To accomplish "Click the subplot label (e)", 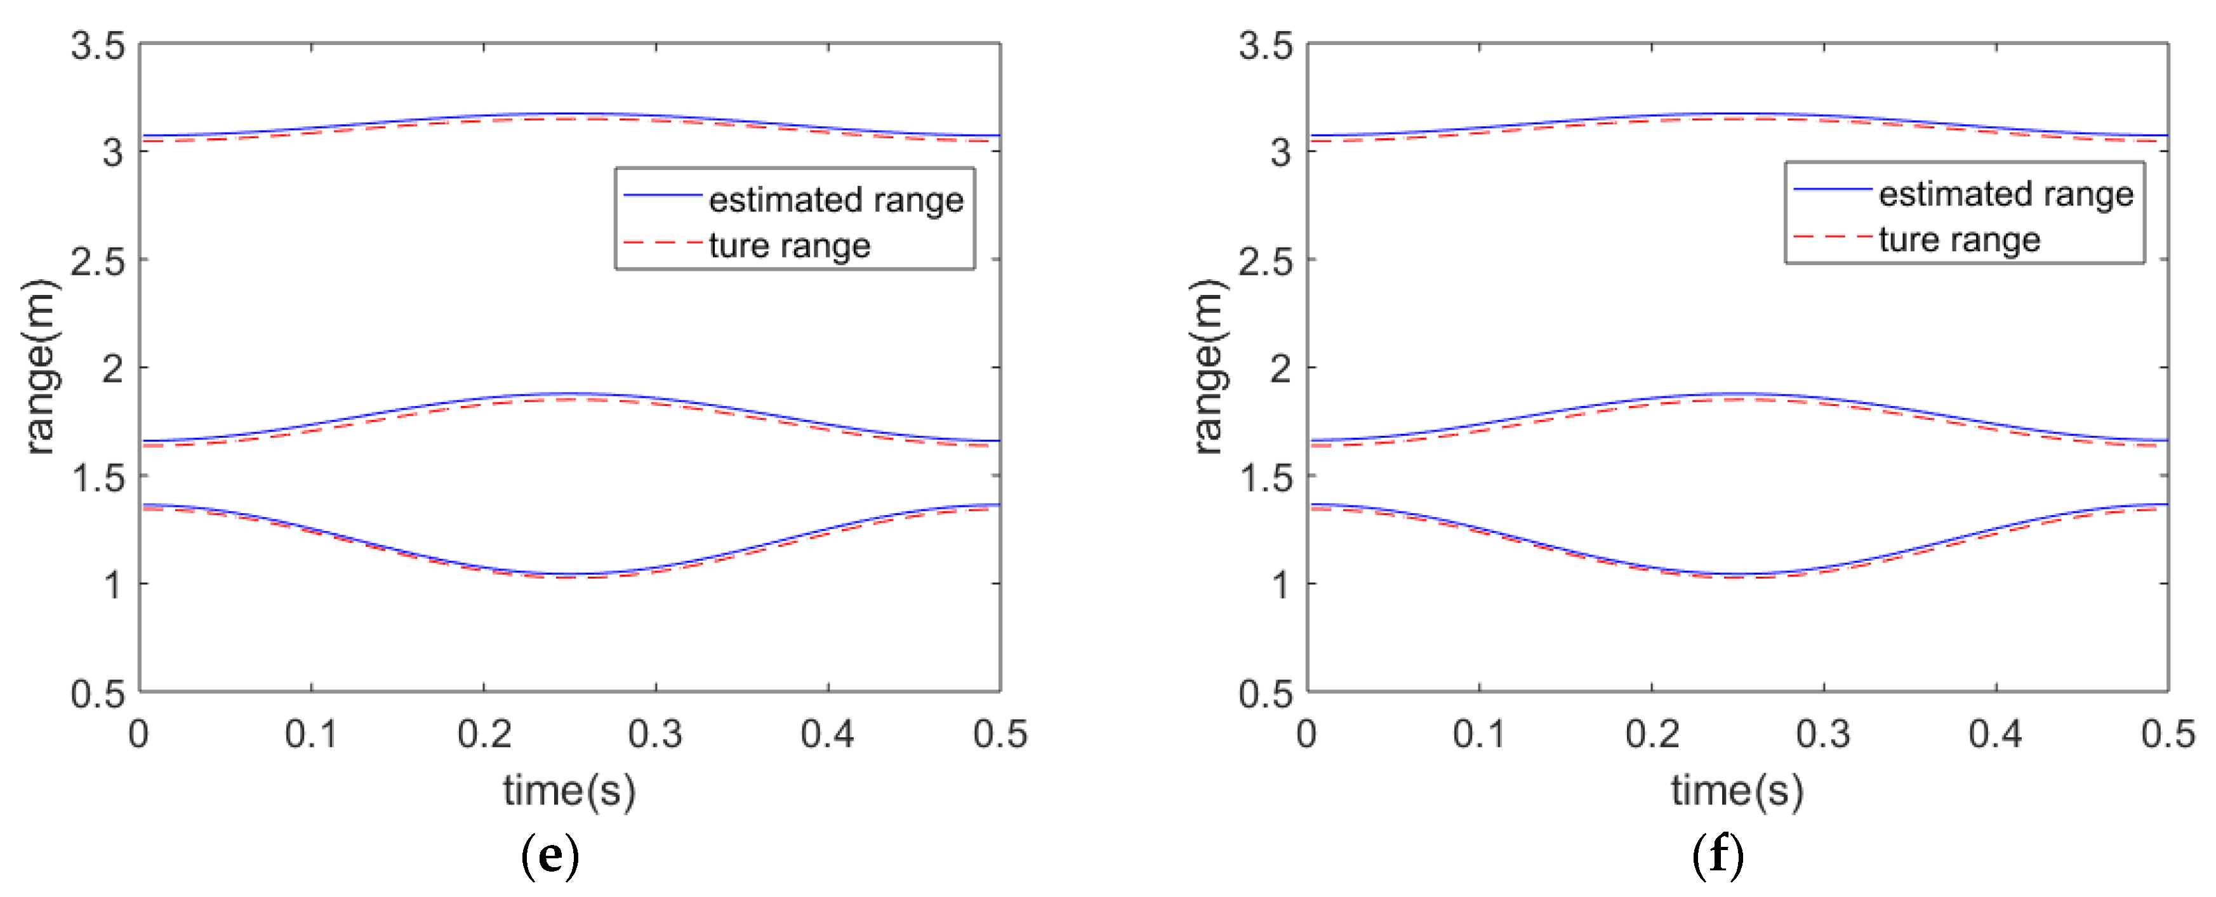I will [x=550, y=856].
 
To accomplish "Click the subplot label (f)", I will [x=1718, y=856].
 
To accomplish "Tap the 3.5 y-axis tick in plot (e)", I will [x=97, y=46].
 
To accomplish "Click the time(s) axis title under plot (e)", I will [x=569, y=790].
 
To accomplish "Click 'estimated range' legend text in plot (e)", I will [x=835, y=200].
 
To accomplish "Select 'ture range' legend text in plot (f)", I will [x=1959, y=239].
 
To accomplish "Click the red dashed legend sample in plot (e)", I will [x=663, y=244].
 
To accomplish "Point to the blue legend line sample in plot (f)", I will [x=1833, y=188].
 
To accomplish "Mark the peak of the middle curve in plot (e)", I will [x=569, y=395].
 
